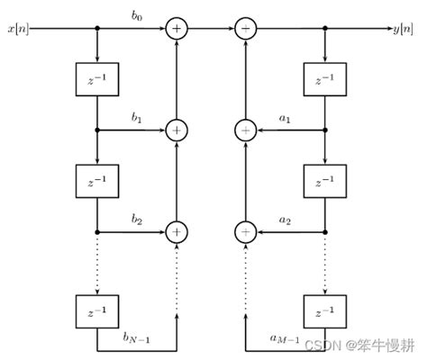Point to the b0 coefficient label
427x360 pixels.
[x=137, y=17]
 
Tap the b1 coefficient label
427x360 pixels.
[x=137, y=118]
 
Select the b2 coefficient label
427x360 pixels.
[x=137, y=219]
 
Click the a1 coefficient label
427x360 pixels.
[x=285, y=119]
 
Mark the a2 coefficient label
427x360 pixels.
[x=285, y=220]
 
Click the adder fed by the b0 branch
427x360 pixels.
[x=177, y=30]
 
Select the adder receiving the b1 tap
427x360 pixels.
[x=177, y=130]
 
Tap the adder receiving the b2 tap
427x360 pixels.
[x=177, y=231]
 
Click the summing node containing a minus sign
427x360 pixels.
[x=246, y=30]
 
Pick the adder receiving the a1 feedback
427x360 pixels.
[x=246, y=130]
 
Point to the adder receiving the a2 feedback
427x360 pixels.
[x=246, y=231]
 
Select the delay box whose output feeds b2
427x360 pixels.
[x=96, y=182]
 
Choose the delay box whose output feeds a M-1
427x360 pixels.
[x=324, y=311]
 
